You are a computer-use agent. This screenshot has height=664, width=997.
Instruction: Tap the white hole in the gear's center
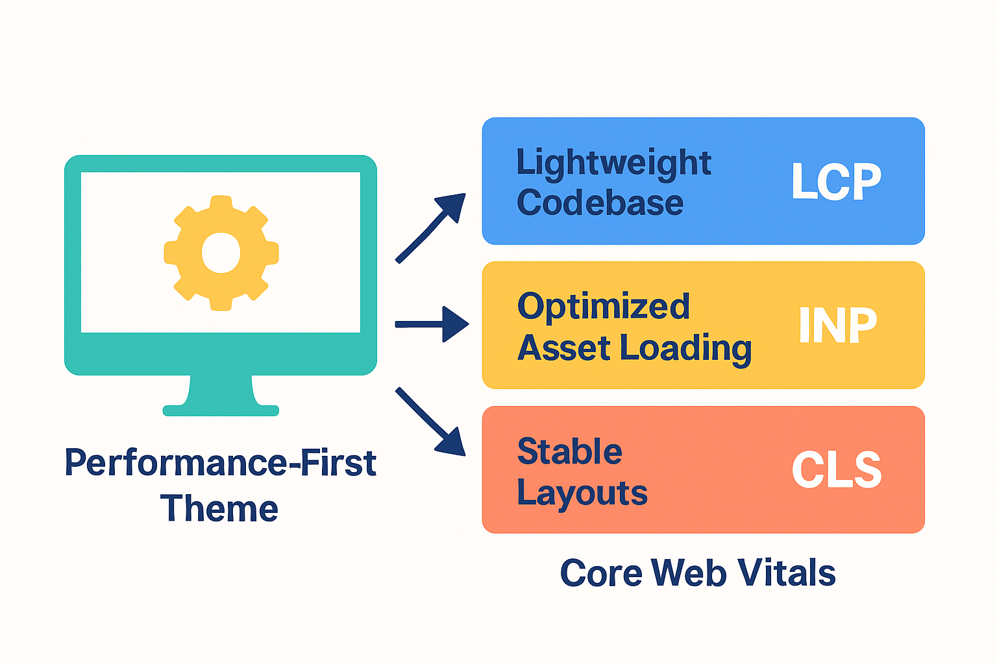pyautogui.click(x=221, y=253)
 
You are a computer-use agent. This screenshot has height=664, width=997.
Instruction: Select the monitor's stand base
pyautogui.click(x=221, y=410)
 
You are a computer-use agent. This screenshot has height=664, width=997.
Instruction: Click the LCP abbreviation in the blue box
pyautogui.click(x=836, y=182)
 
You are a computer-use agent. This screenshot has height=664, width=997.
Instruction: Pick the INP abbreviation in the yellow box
pyautogui.click(x=837, y=326)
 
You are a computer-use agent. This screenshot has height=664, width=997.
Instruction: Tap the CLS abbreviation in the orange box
pyautogui.click(x=837, y=470)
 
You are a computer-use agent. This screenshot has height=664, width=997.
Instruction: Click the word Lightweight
pyautogui.click(x=613, y=163)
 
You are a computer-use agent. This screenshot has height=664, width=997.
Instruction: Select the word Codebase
pyautogui.click(x=600, y=203)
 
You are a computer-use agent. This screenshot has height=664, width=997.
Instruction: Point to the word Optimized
pyautogui.click(x=603, y=307)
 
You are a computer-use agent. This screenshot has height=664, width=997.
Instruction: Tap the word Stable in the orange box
pyautogui.click(x=569, y=451)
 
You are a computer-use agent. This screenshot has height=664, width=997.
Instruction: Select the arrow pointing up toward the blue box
pyautogui.click(x=431, y=227)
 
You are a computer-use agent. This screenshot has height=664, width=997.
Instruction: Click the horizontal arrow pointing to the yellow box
pyautogui.click(x=432, y=324)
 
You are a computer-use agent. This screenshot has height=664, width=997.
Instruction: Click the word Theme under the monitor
pyautogui.click(x=219, y=508)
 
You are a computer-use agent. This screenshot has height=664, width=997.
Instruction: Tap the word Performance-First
pyautogui.click(x=221, y=463)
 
